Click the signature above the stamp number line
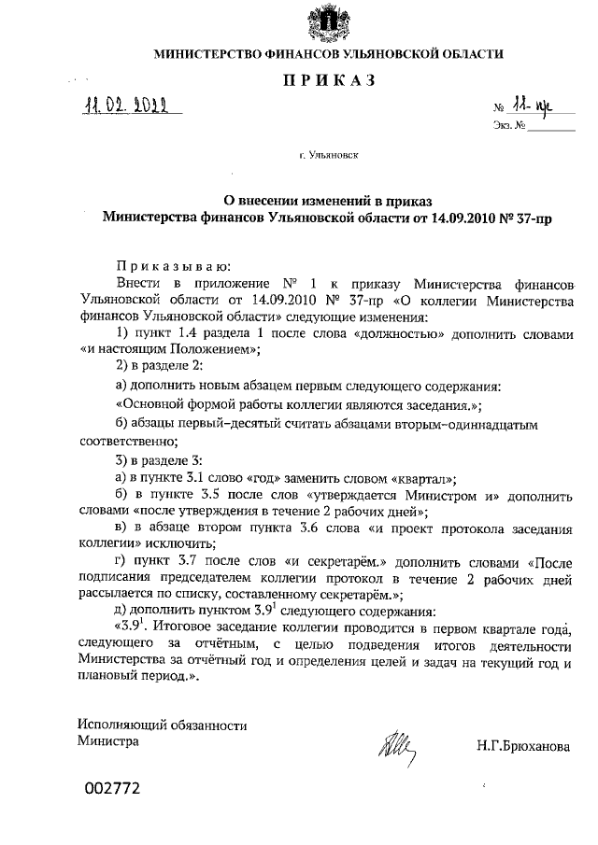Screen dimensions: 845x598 coord(398,746)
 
